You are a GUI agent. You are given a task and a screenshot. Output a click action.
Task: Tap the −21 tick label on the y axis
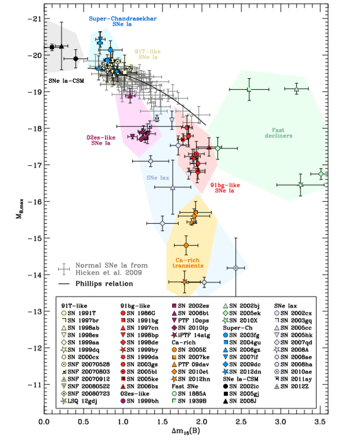(x=36, y=19)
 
